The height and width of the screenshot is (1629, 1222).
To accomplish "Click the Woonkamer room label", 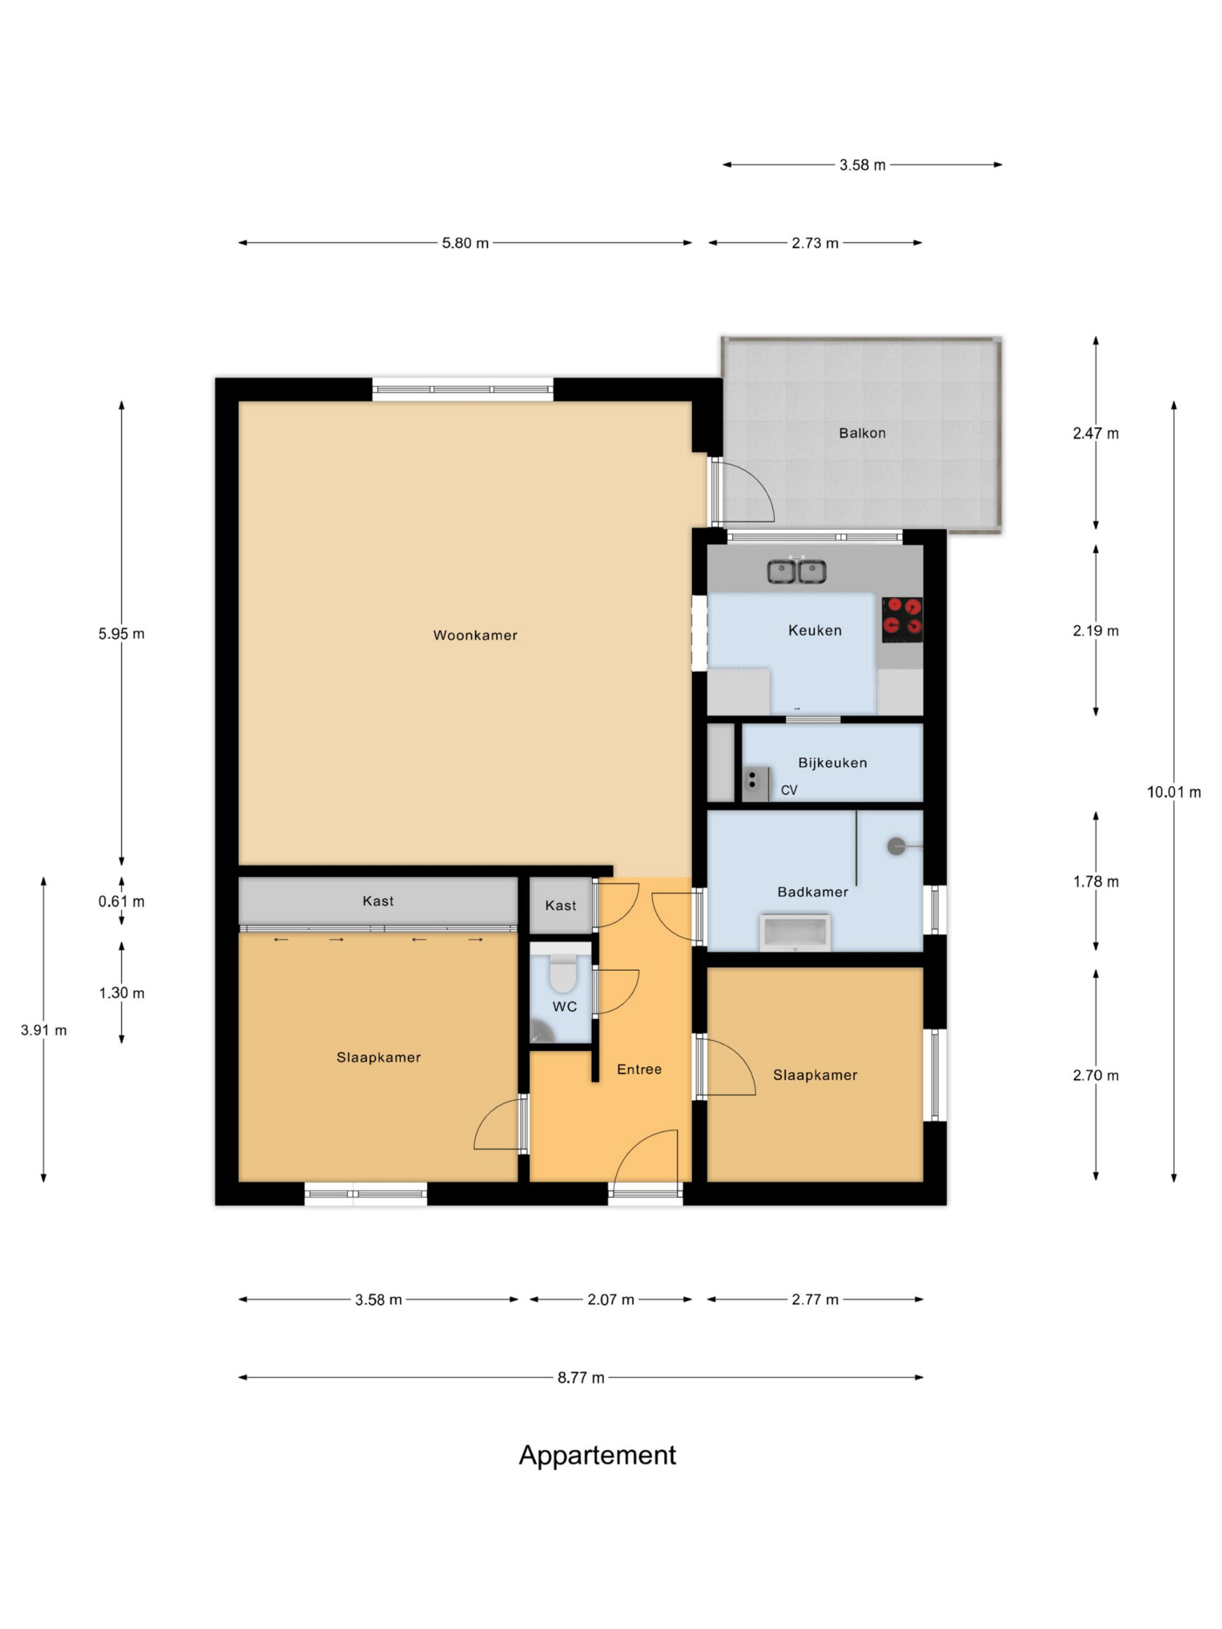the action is click(475, 635).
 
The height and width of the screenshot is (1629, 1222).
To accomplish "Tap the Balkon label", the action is click(862, 433).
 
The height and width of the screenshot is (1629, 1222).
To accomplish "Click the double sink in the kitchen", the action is click(796, 571).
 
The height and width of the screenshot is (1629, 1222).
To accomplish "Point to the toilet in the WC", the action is click(563, 973).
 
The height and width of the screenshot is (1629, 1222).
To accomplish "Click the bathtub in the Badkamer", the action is click(795, 933).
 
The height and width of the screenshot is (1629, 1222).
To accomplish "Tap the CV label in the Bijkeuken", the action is click(789, 790).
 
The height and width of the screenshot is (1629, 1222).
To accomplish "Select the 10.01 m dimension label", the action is click(1174, 792).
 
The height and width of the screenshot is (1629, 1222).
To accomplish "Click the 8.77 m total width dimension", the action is click(580, 1378).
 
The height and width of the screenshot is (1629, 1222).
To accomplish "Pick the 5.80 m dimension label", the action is click(465, 243).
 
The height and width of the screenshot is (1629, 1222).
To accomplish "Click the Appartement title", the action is click(598, 1455).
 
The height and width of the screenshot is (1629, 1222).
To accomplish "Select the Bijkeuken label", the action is click(832, 763).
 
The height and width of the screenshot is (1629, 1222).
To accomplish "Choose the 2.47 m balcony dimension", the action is click(1095, 434).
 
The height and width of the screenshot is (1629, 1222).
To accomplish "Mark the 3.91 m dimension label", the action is click(43, 1030).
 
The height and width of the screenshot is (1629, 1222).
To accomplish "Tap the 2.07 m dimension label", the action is click(610, 1300).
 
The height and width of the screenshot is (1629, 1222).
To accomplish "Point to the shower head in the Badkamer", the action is click(896, 847).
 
